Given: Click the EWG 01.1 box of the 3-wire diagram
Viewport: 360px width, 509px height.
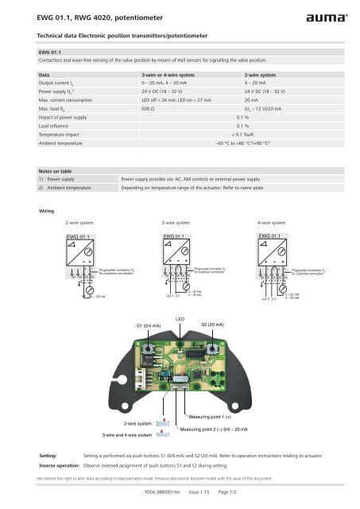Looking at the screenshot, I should click(179, 215).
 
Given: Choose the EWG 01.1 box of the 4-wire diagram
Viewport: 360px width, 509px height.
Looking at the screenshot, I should click(274, 215).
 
